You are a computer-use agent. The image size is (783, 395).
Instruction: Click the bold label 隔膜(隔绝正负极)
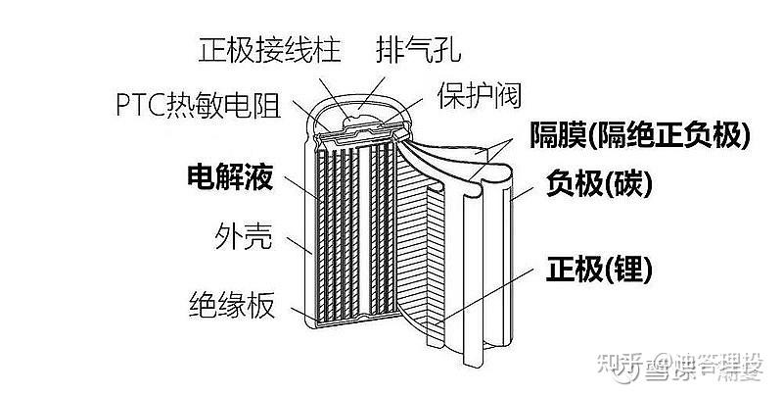[x=640, y=135]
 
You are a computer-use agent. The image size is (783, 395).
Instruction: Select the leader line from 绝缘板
[x=298, y=311]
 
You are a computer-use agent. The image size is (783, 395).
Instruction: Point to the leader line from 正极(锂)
[x=489, y=294]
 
